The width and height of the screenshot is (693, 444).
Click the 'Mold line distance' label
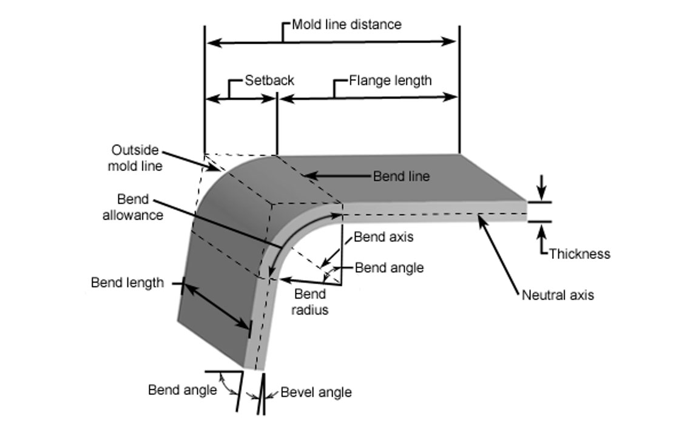click(346, 25)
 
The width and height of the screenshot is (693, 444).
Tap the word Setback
click(269, 80)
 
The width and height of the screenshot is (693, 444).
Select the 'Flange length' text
click(390, 80)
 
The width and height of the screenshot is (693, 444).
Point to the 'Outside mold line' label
click(135, 158)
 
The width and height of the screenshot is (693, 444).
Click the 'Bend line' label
click(401, 177)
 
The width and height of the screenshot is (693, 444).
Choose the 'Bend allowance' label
click(132, 207)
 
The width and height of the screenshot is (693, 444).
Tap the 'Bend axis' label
click(384, 237)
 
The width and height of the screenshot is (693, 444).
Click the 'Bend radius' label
click(311, 302)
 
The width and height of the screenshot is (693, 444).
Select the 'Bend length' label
click(127, 283)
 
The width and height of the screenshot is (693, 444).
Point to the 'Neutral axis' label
click(558, 295)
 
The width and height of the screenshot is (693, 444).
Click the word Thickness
click(580, 254)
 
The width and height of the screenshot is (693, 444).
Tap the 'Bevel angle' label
click(316, 392)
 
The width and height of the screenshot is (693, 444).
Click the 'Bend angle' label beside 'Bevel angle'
click(182, 390)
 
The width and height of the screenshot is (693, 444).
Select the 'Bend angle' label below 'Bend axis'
click(389, 267)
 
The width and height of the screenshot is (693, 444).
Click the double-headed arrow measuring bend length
click(216, 306)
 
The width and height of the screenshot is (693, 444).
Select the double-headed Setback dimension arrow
click(241, 99)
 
